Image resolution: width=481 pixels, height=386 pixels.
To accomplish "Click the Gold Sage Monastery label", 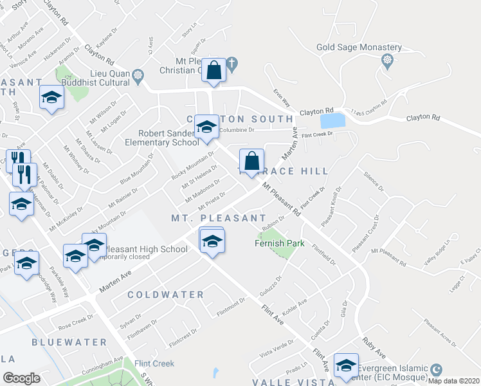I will [x=359, y=48].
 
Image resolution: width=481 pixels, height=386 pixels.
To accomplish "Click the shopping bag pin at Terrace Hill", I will [x=252, y=161].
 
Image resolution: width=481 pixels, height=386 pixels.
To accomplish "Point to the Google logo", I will [x=21, y=378].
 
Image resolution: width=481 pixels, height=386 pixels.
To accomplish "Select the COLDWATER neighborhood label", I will [x=165, y=295].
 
